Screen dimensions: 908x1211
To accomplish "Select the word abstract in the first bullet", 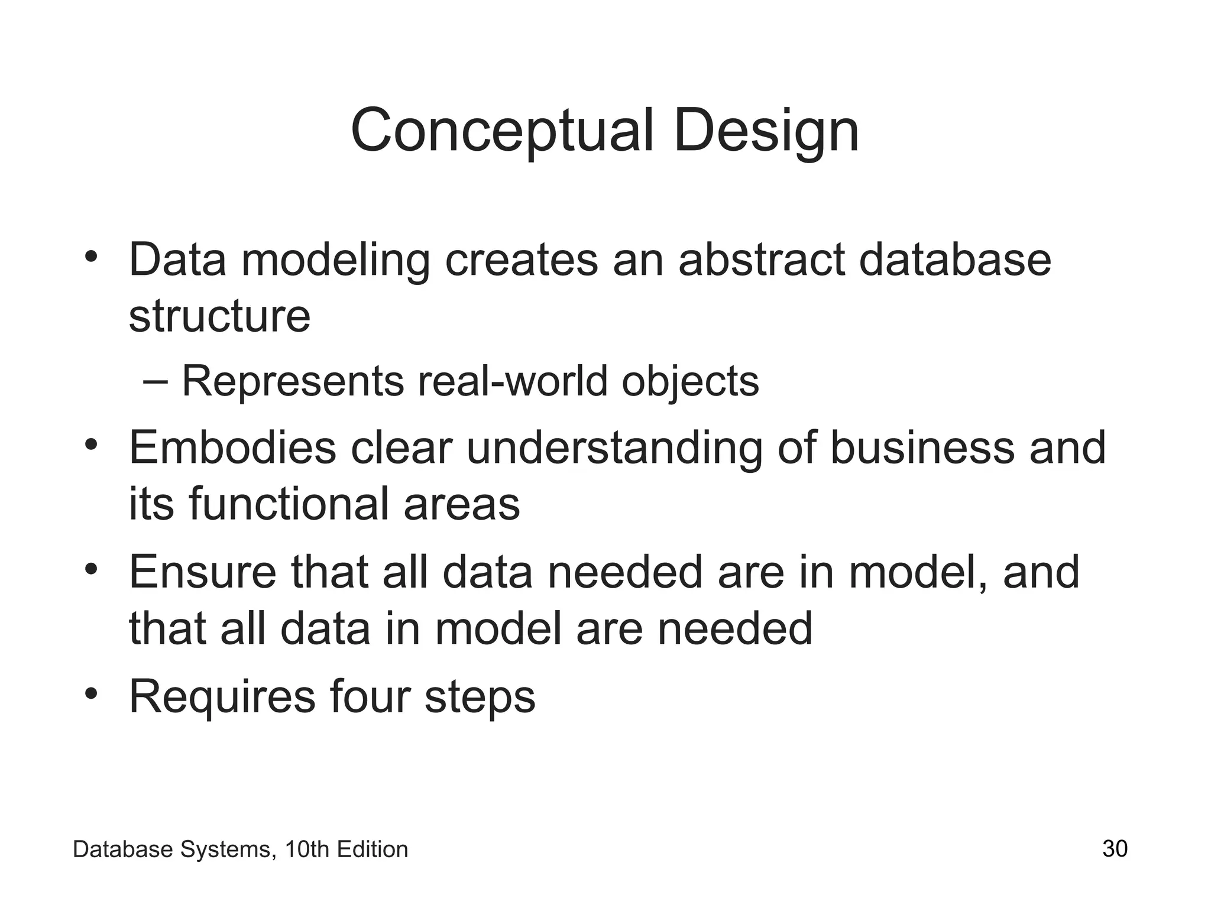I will click(x=761, y=260).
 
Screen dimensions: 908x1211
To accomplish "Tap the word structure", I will click(x=219, y=316).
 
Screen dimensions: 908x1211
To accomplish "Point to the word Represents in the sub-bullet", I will click(x=292, y=382).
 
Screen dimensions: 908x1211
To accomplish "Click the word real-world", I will click(x=513, y=382).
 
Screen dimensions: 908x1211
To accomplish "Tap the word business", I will click(x=922, y=448).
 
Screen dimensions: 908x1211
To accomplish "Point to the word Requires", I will click(x=222, y=698).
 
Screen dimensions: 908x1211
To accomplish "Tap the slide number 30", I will click(x=1115, y=849).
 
